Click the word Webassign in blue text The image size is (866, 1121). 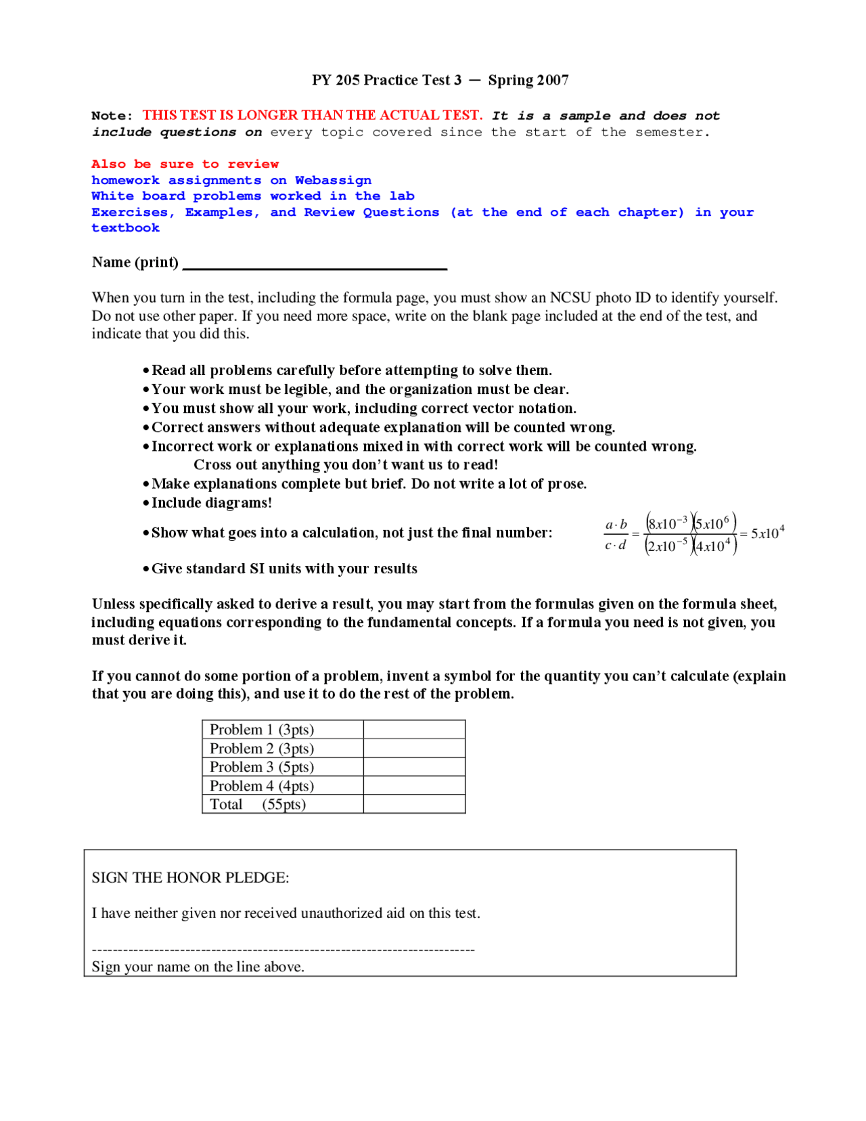click(333, 180)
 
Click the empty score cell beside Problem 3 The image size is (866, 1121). click(414, 767)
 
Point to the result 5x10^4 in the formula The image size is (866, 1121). click(767, 533)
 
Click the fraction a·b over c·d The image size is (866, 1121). click(616, 534)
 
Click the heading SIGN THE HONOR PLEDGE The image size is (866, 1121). click(190, 877)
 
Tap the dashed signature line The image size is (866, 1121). click(283, 949)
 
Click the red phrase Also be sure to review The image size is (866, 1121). click(185, 164)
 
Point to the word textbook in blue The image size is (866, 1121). click(126, 228)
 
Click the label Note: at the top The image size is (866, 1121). click(112, 116)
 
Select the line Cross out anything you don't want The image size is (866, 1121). click(346, 465)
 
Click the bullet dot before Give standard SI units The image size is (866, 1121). click(146, 569)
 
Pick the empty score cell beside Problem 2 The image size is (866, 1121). click(414, 749)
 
